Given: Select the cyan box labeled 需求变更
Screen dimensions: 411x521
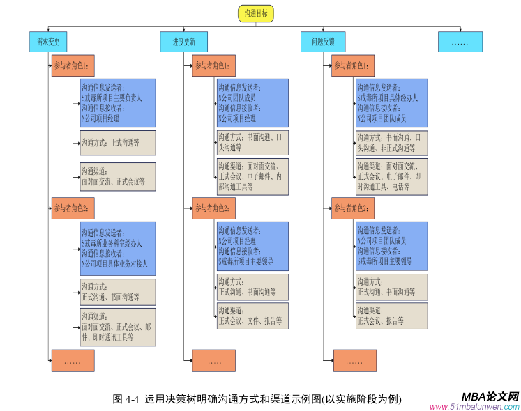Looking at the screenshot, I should tap(48, 42).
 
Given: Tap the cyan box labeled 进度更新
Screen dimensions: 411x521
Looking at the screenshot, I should tap(184, 42).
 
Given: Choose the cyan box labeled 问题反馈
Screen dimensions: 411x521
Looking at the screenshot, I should tap(323, 42).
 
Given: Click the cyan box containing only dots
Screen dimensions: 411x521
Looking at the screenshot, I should tap(460, 42).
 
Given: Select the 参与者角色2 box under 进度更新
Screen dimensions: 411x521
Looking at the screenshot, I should tap(213, 208).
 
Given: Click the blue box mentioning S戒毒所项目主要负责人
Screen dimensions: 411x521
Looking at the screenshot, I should tap(117, 103).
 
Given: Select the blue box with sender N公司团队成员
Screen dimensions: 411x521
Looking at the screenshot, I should tap(252, 103).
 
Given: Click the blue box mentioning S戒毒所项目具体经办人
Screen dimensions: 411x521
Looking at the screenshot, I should tap(391, 103).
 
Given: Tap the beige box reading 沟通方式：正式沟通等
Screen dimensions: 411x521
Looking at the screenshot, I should tap(117, 143).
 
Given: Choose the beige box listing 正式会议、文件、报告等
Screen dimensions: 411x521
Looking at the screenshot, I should tap(252, 316).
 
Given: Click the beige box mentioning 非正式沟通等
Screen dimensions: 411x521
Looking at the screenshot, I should tap(391, 143).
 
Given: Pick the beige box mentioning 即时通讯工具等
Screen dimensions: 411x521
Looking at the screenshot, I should tap(117, 327).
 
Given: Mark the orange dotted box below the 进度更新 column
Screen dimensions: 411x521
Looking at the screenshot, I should tap(213, 361).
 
